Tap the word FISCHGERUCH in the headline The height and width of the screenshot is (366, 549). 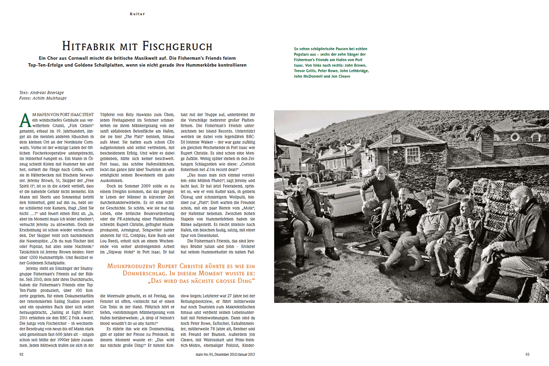point(177,46)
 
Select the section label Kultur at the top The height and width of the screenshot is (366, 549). point(137,14)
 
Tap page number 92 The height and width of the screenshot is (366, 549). point(22,354)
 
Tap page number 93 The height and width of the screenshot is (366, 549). point(527,354)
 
